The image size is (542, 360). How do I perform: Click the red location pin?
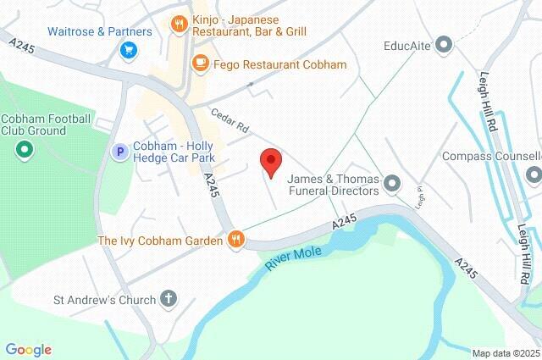(270, 161)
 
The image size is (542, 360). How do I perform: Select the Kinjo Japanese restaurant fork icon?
(179, 24)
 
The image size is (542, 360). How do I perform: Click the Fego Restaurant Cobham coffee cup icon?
(200, 63)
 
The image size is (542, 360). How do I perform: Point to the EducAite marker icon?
(443, 44)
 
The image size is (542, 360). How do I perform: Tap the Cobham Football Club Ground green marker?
(25, 152)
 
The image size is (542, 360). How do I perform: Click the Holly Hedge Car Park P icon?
(120, 152)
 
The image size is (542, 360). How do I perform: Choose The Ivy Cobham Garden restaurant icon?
(236, 241)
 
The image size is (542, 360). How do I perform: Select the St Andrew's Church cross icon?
(169, 299)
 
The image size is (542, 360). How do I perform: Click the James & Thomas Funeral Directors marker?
(391, 183)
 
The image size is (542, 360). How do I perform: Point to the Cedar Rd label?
(230, 124)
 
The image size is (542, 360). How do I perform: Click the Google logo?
(28, 350)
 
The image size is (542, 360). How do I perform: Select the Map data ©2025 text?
(506, 353)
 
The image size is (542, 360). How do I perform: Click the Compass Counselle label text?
(491, 157)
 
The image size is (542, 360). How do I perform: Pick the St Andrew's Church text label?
(104, 300)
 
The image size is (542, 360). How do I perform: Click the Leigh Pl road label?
(419, 198)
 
